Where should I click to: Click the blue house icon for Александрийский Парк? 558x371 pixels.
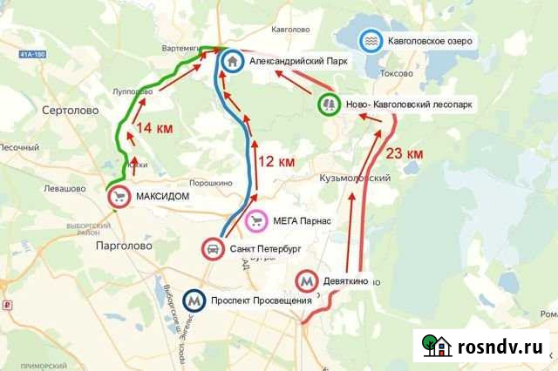pos(232,62)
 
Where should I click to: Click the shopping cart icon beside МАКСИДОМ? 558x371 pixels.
pos(120,197)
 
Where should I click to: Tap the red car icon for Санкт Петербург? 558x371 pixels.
pos(213,249)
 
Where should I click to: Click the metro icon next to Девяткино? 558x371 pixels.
pos(306,282)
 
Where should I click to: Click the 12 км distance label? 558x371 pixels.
pos(277,161)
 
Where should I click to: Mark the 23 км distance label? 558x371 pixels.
pos(405,153)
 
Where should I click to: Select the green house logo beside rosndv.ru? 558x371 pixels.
pos(437,345)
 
